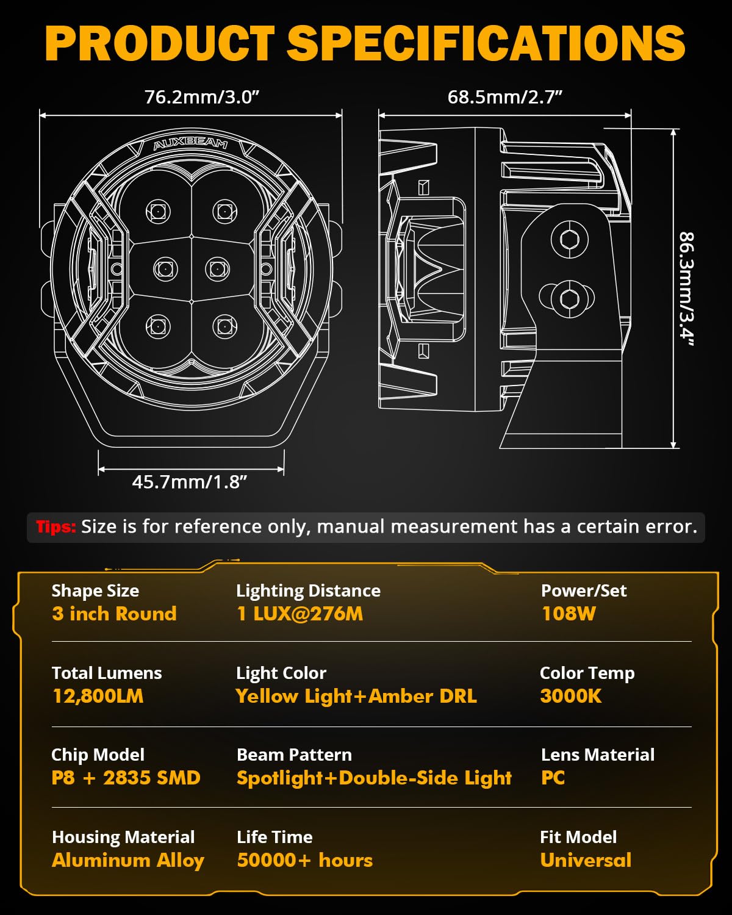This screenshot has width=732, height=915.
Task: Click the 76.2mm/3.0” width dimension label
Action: tap(202, 97)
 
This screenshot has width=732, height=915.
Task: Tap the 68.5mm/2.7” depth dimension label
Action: tap(504, 97)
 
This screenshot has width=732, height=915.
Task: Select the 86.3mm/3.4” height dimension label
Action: tap(687, 289)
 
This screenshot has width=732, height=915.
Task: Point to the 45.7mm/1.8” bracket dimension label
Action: tap(190, 482)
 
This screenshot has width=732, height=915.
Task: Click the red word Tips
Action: tap(56, 527)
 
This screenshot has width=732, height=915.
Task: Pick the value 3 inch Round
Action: tap(114, 614)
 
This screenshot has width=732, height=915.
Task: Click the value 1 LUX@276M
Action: tap(300, 614)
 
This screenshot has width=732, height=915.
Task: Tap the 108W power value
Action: tap(569, 614)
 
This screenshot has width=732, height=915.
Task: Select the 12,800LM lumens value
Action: tap(98, 696)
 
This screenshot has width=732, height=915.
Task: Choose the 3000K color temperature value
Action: tap(570, 696)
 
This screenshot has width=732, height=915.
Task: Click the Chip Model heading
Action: tap(98, 755)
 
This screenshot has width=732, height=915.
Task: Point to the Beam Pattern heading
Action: tap(294, 755)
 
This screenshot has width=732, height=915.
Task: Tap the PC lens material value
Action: tap(553, 778)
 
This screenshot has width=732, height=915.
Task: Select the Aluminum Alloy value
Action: tap(128, 860)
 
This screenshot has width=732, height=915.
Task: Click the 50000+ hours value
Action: tap(304, 860)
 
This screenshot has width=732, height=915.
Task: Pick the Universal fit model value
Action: tap(586, 860)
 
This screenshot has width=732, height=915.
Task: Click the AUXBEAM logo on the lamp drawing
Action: tap(190, 144)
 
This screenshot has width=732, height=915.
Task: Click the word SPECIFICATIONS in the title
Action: tap(486, 43)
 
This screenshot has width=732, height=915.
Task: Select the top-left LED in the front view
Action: tap(158, 212)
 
